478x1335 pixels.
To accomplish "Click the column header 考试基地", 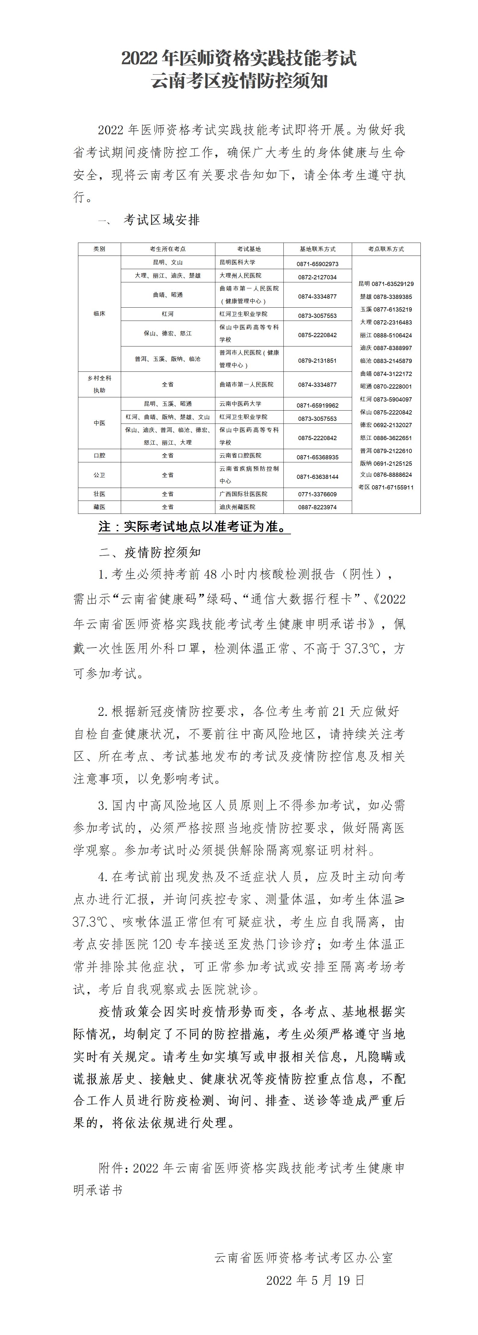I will [249, 249].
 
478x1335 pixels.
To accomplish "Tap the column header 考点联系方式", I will [386, 249].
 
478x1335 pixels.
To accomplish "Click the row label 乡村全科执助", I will [99, 384].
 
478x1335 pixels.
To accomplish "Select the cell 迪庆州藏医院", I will [237, 507].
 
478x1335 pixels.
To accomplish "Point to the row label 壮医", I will [99, 494].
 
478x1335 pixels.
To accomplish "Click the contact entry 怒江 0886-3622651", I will [386, 438].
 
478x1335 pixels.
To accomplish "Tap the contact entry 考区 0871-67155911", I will [386, 487].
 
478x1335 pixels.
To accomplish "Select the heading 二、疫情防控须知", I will [150, 552].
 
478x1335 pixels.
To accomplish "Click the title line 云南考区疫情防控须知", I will [239, 81].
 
